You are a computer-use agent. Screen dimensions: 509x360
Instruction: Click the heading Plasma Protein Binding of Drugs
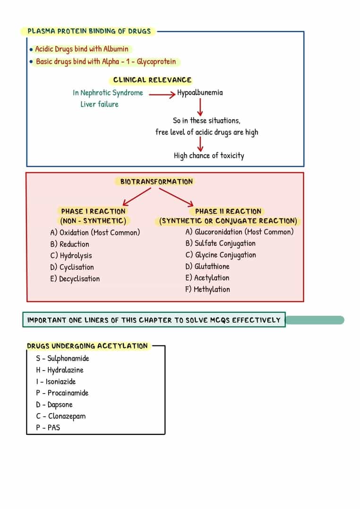89,31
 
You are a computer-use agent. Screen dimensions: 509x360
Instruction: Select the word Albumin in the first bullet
116,49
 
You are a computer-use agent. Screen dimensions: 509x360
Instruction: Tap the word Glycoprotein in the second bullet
156,61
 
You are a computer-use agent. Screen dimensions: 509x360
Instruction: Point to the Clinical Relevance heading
152,80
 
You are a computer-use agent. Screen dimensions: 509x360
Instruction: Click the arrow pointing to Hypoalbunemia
162,94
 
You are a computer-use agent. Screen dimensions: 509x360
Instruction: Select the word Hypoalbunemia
200,93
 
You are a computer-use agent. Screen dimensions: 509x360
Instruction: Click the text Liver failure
99,104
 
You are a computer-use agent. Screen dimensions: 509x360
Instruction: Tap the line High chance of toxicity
209,155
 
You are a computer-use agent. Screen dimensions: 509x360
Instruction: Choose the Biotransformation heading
156,181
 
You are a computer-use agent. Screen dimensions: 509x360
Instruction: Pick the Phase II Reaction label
228,212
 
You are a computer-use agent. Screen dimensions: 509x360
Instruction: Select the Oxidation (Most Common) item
95,233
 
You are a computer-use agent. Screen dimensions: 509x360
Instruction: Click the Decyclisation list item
75,279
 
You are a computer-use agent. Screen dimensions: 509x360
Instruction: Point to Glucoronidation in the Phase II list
218,232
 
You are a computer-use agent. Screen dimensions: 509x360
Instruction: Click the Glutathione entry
207,267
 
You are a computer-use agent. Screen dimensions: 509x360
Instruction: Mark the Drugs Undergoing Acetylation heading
87,346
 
